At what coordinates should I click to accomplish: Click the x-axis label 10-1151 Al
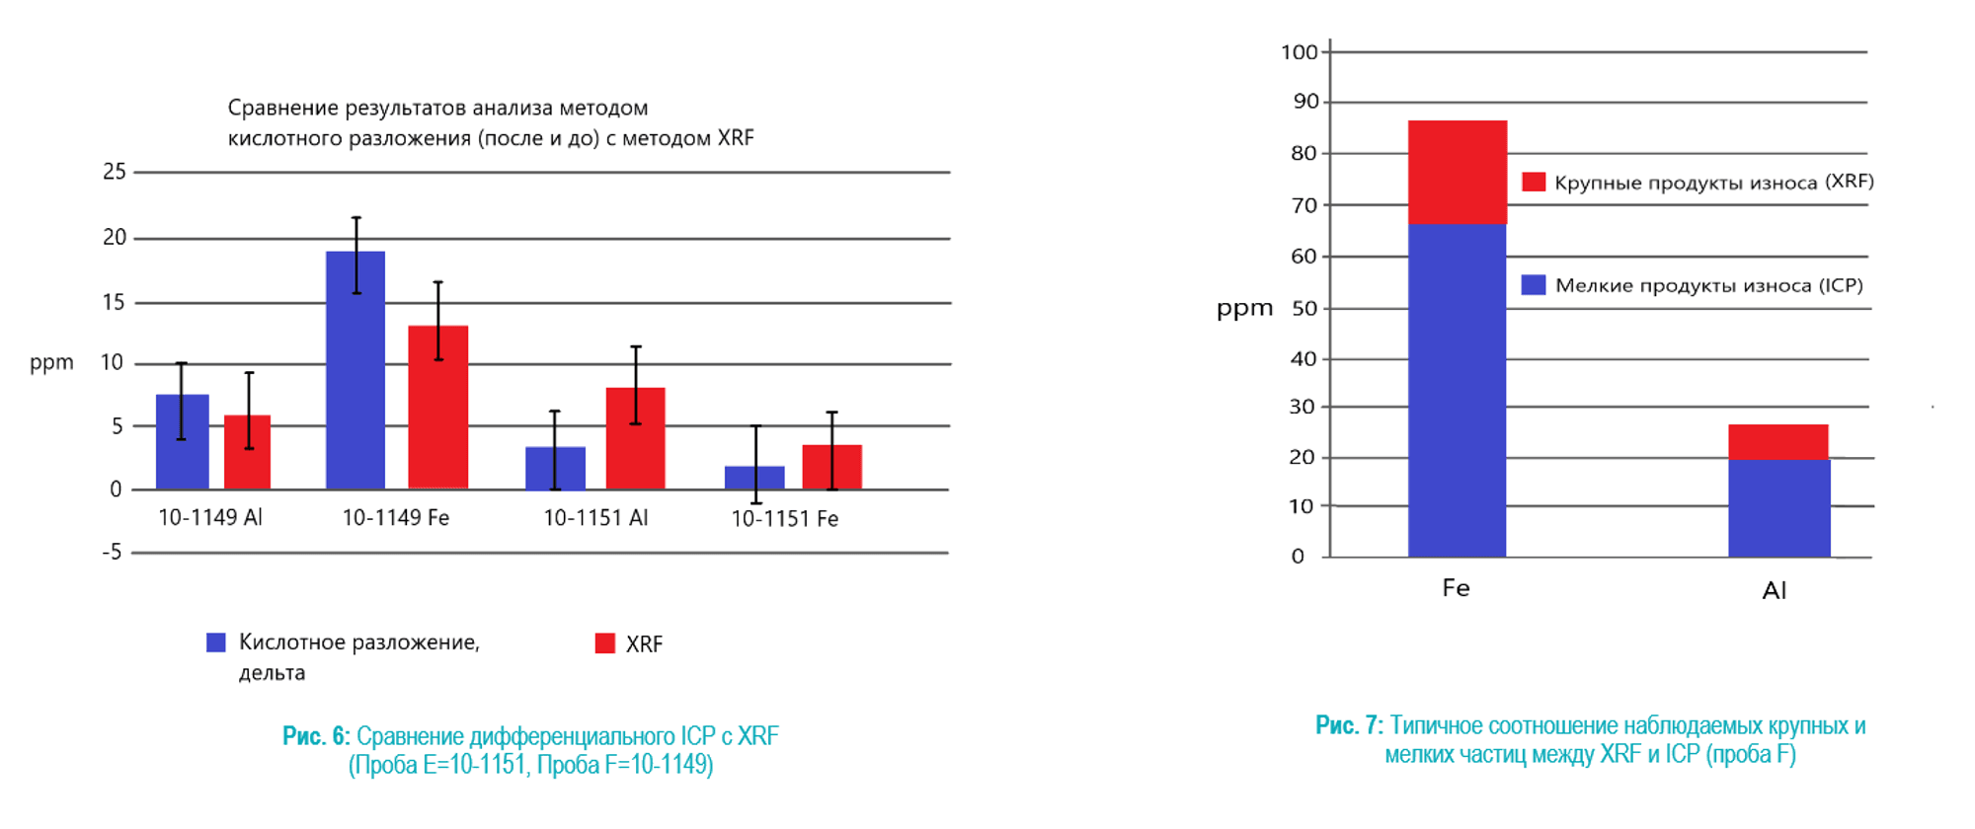point(595,518)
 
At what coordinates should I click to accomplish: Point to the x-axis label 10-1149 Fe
point(395,518)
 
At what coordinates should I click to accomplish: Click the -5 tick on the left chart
point(113,553)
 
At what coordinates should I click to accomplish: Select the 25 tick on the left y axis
point(115,172)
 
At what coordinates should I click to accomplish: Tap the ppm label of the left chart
point(51,362)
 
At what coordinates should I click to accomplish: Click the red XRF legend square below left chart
point(605,643)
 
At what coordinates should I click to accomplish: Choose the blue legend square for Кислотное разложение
point(216,642)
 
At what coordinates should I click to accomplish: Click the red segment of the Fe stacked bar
point(1458,173)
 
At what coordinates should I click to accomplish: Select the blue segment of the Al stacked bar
point(1778,507)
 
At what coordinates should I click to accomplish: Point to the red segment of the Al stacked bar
point(1778,441)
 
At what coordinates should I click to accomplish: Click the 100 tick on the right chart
point(1300,52)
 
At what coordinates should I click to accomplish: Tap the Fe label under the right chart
point(1456,589)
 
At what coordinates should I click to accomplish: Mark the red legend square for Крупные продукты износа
point(1534,182)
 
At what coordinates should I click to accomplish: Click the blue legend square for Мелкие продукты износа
point(1534,285)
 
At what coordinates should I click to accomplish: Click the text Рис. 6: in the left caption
point(316,736)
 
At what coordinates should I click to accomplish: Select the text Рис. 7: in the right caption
point(1349,726)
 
